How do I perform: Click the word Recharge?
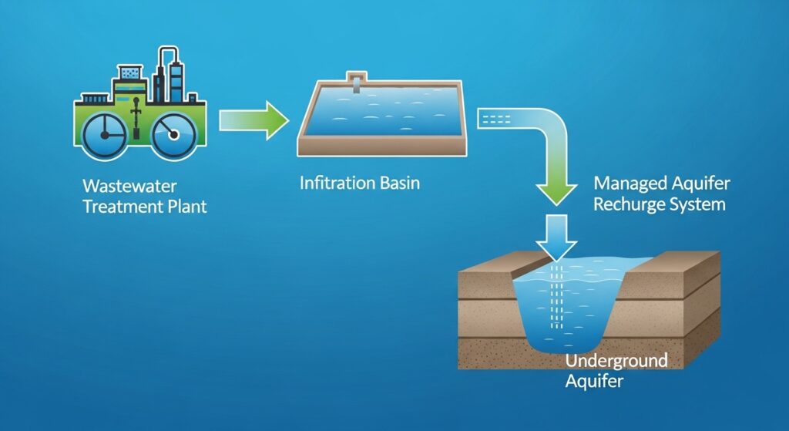tap(630, 204)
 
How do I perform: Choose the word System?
tap(697, 204)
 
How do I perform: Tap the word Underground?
tap(616, 361)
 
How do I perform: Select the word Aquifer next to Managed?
tap(701, 185)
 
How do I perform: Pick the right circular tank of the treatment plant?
tap(173, 136)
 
